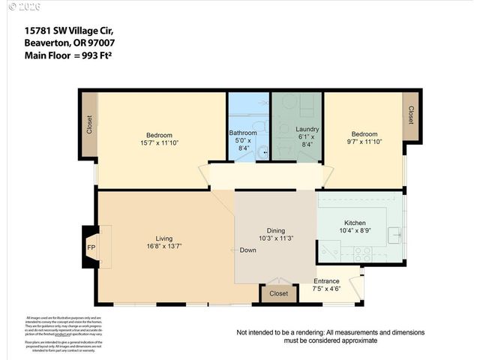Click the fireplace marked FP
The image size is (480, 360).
(91, 247)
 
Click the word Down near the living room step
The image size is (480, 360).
(248, 250)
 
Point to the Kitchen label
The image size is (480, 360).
(355, 223)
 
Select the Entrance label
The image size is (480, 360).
(326, 280)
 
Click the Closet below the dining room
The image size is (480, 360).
(278, 293)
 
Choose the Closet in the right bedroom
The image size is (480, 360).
(411, 115)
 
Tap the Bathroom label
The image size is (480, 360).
(243, 133)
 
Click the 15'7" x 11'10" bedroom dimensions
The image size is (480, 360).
(159, 142)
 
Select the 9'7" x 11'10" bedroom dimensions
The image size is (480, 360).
(363, 142)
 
